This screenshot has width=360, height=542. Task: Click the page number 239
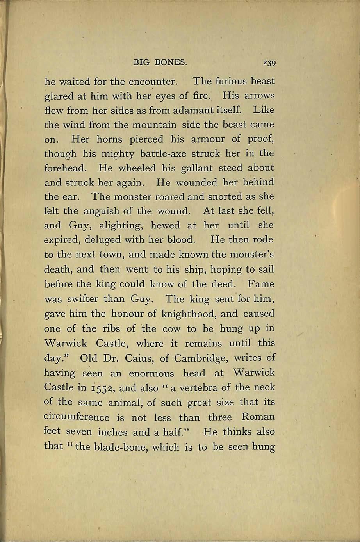[x=269, y=62]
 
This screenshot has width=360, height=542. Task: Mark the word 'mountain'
[x=155, y=125]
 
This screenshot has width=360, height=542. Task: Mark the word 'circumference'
[x=77, y=417]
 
